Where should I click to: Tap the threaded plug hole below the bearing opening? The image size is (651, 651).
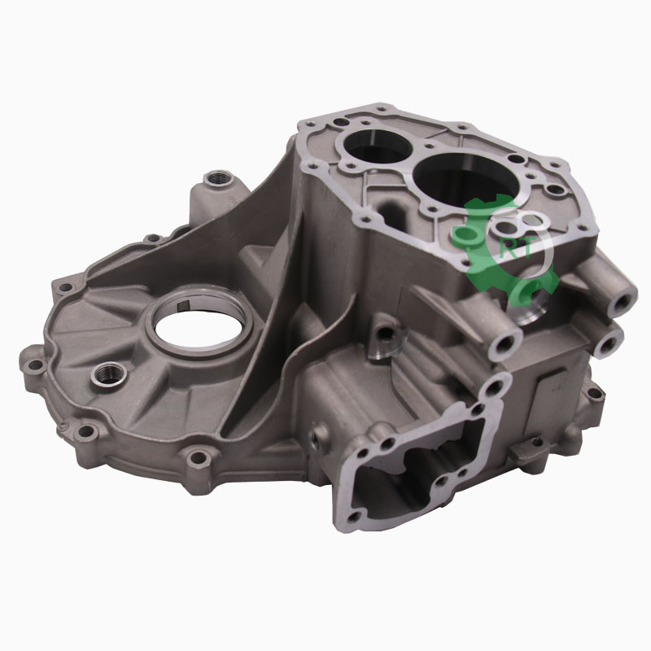click(109, 374)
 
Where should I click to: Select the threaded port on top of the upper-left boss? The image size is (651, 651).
click(218, 179)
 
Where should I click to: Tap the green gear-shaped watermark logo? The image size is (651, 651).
click(503, 249)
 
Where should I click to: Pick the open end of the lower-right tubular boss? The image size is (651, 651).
click(609, 343)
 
